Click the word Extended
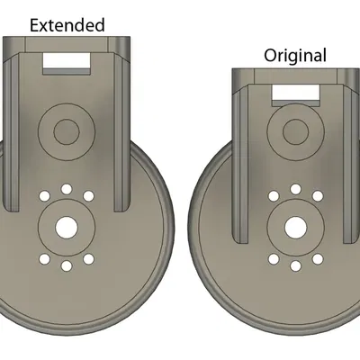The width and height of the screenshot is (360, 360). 67,24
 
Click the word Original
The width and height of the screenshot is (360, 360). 294,55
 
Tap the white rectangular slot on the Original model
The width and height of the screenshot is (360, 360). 295,92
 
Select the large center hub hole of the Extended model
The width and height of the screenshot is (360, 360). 66,227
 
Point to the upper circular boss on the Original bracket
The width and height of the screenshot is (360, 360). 294,133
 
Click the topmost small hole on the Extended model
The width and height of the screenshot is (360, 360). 66,186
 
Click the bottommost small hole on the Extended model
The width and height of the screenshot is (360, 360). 66,267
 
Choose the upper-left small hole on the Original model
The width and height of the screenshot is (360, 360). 273,194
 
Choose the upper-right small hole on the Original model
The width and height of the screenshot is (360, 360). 316,194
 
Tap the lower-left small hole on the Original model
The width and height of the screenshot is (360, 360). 273,257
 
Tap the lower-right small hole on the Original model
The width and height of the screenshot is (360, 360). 316,257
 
